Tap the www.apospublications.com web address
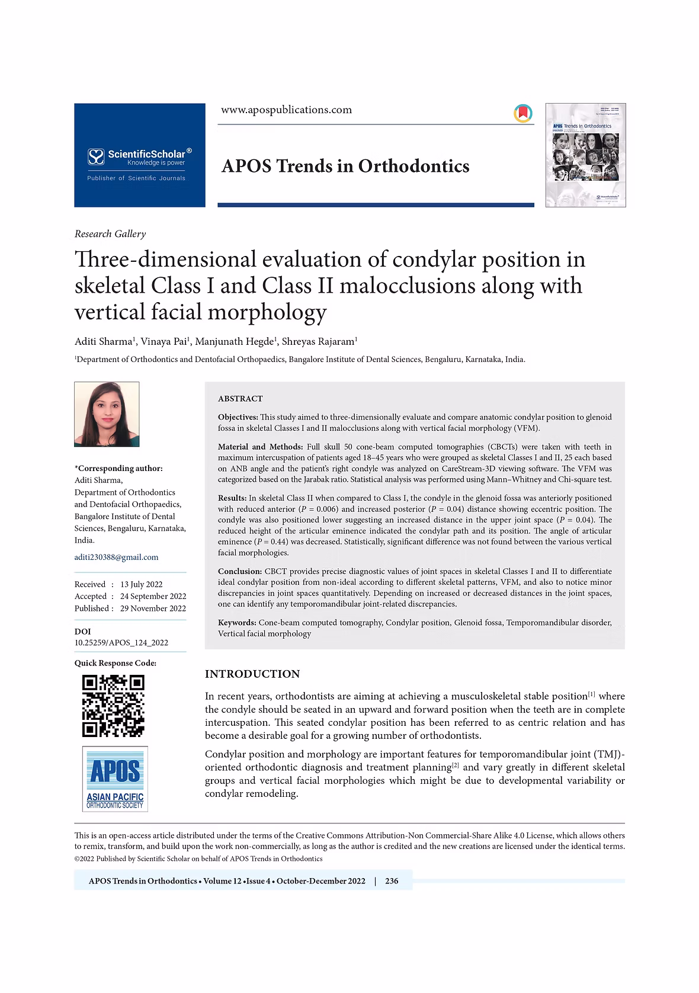pyautogui.click(x=286, y=110)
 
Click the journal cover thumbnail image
pyautogui.click(x=585, y=155)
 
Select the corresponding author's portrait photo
pyautogui.click(x=107, y=414)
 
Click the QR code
pyautogui.click(x=113, y=705)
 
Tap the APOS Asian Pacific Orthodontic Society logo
pyautogui.click(x=115, y=779)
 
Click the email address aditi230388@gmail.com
pyautogui.click(x=116, y=557)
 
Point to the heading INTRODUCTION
pyautogui.click(x=252, y=674)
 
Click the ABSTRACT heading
pyautogui.click(x=240, y=399)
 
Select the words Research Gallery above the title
pyautogui.click(x=110, y=234)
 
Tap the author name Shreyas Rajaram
pyautogui.click(x=318, y=342)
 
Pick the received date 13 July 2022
pyautogui.click(x=141, y=584)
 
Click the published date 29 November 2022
pyautogui.click(x=153, y=608)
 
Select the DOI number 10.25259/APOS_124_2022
pyautogui.click(x=121, y=642)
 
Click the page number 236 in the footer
pyautogui.click(x=392, y=881)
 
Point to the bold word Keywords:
pyautogui.click(x=237, y=623)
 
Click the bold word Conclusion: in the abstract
pyautogui.click(x=240, y=572)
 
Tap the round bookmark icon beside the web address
pyautogui.click(x=522, y=113)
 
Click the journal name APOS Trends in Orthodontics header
pyautogui.click(x=345, y=166)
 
